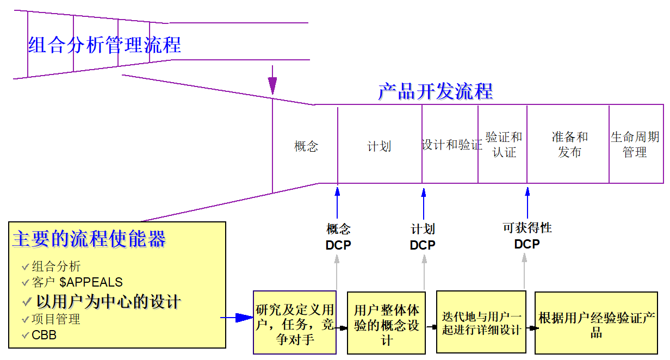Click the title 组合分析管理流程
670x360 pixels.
coord(104,45)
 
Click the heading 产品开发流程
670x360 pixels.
coord(435,91)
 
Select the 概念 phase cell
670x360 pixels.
coord(306,146)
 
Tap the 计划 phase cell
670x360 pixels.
coord(379,146)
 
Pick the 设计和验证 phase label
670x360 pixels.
coord(451,145)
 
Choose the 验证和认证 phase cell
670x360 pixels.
coord(504,145)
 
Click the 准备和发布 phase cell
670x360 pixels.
coord(569,145)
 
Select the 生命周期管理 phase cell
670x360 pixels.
coord(635,145)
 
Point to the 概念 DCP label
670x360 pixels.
coord(338,238)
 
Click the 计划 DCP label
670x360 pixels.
coord(423,238)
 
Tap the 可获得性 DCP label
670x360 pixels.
coord(527,237)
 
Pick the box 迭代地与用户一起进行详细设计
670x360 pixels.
coord(481,323)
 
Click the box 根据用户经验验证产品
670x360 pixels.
coord(596,325)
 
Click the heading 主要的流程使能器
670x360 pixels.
coord(89,239)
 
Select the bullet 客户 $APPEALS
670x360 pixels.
coord(77,282)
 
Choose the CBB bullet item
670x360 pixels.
coord(44,335)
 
